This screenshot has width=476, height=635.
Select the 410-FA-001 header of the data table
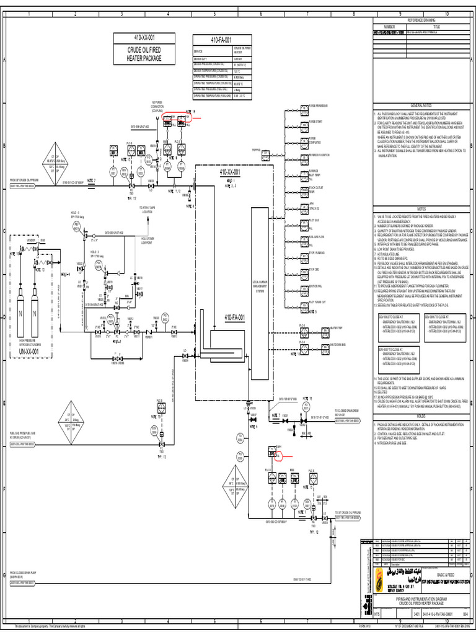(220, 40)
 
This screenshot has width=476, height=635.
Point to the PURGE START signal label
(315, 122)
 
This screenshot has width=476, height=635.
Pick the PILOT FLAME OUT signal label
(316, 302)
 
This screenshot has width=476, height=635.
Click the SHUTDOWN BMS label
(337, 345)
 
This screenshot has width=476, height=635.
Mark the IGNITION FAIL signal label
(315, 286)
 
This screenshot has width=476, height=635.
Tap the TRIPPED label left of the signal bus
(256, 149)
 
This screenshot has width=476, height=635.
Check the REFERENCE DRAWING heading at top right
(421, 20)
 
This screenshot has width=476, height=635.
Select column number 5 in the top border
(214, 14)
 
